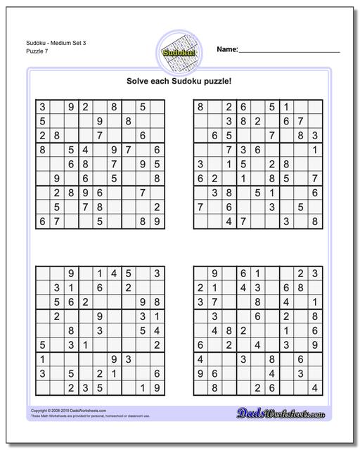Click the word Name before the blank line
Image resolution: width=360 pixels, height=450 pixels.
click(x=227, y=50)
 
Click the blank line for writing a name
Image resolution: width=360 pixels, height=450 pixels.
click(x=290, y=52)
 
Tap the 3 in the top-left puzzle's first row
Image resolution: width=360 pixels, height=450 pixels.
click(x=42, y=108)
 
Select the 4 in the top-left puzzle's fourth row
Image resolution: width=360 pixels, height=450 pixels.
click(x=85, y=150)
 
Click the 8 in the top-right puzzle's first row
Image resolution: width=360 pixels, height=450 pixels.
click(x=200, y=108)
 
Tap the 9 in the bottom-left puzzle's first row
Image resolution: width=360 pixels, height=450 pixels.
click(x=71, y=274)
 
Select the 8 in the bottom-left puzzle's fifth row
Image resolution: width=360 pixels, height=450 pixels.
click(x=71, y=330)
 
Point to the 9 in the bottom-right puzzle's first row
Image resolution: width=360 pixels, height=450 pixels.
click(x=214, y=274)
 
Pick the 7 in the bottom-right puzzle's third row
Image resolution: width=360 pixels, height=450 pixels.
click(x=214, y=302)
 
